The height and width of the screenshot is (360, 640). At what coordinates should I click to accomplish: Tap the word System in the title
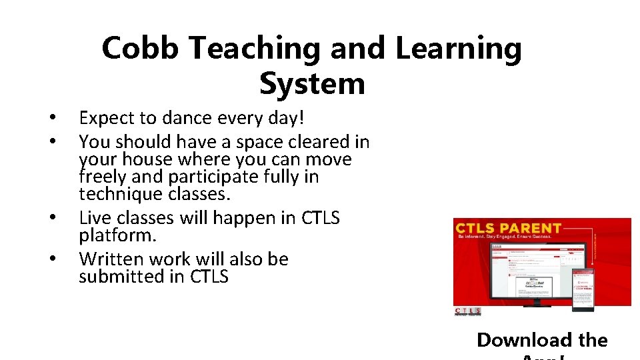pyautogui.click(x=312, y=84)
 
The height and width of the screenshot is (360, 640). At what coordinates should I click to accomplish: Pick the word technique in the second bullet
pyautogui.click(x=119, y=194)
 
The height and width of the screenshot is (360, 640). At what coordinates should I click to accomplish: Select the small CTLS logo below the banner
pyautogui.click(x=467, y=311)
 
